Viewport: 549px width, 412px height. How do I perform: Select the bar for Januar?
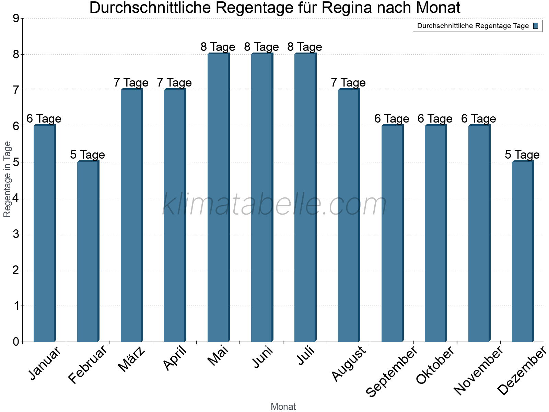coord(44,233)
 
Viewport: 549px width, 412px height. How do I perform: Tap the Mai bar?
coord(218,197)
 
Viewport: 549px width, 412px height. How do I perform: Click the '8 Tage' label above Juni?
coord(261,47)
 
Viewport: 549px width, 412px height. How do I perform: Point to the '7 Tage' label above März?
coord(131,83)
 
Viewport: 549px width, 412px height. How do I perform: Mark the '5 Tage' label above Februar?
coord(87,155)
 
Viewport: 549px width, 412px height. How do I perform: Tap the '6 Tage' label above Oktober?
coord(435,119)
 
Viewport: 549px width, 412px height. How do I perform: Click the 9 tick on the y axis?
coord(16,19)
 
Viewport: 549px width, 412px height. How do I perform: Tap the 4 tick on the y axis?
coord(16,198)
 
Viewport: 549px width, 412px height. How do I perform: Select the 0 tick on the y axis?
coord(16,342)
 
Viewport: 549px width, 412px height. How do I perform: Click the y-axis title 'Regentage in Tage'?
coord(7,179)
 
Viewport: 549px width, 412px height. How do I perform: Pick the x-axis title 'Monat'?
coord(283,407)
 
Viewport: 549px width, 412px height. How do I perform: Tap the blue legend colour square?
coord(536,26)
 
